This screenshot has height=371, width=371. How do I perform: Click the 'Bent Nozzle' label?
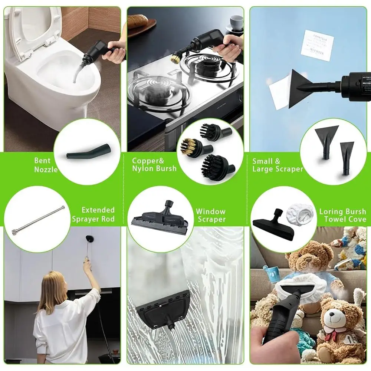pyautogui.click(x=46, y=165)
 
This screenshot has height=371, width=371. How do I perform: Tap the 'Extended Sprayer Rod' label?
pyautogui.click(x=93, y=215)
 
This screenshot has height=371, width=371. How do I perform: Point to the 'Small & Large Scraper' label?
pyautogui.click(x=278, y=165)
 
